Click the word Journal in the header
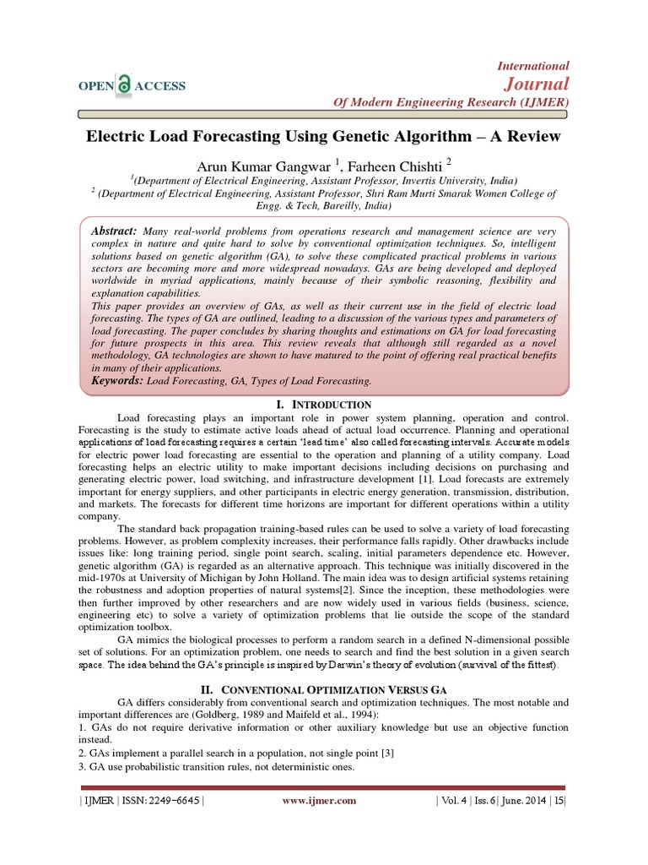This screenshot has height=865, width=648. tap(536, 83)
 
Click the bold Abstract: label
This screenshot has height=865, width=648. tap(114, 231)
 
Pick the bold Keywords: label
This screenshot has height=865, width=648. tap(118, 381)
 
